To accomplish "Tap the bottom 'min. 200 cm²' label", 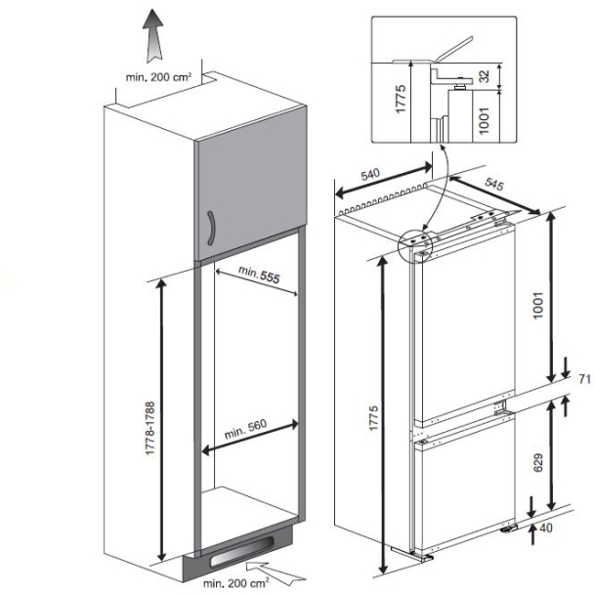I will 235,583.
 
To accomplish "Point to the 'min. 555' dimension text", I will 251,277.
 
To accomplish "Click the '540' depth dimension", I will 370,175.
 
